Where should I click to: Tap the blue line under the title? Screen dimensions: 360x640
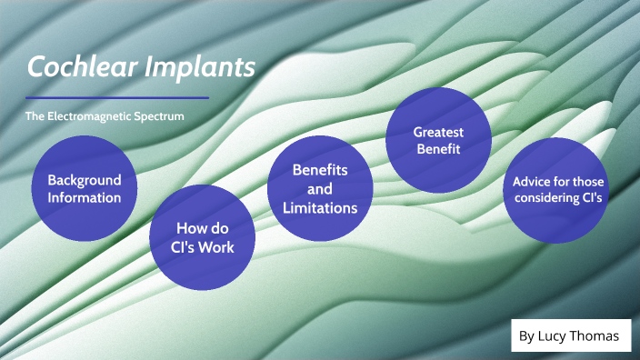pos(117,97)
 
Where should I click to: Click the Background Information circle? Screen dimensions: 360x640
pos(84,188)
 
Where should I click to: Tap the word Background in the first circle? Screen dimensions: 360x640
pos(84,180)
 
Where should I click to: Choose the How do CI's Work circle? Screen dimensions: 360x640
pos(202,237)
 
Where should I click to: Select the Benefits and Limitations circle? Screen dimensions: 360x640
pos(319,189)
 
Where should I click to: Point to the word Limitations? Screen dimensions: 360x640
pos(319,208)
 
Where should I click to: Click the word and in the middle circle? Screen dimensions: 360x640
pos(319,189)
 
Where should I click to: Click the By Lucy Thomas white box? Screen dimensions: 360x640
pos(570,336)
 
